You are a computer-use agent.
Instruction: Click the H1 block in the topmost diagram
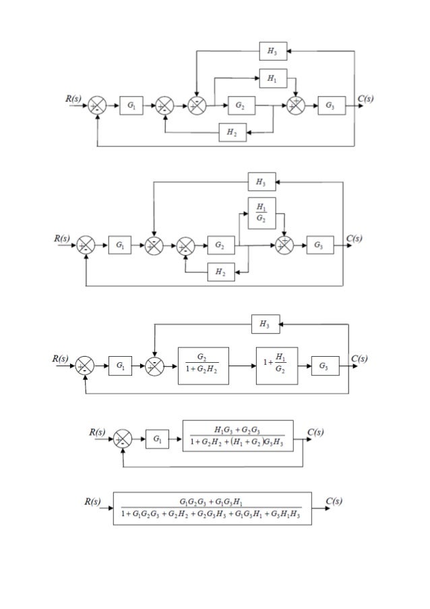(x=271, y=80)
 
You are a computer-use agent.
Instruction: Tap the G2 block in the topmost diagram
(x=240, y=106)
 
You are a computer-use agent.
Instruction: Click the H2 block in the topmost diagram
(x=231, y=134)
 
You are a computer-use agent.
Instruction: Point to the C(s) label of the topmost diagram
(x=366, y=98)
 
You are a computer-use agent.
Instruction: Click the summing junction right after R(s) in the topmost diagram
(x=98, y=106)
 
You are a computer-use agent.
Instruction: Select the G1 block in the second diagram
(x=119, y=246)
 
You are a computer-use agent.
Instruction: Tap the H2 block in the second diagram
(x=219, y=272)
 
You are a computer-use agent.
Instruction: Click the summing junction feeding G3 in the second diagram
(x=285, y=246)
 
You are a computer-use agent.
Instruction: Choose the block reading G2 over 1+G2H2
(x=203, y=366)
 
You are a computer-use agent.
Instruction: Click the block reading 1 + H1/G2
(x=276, y=366)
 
